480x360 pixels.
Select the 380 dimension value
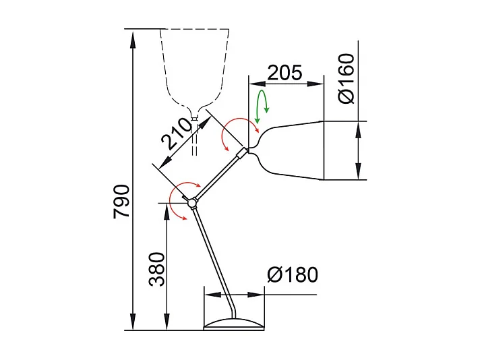click(x=156, y=269)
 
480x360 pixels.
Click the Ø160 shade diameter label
click(x=345, y=79)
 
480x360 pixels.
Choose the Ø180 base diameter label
click(x=292, y=275)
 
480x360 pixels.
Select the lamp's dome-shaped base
click(x=234, y=324)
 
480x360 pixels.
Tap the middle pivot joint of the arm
click(x=192, y=202)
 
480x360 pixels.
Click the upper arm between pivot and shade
click(x=216, y=177)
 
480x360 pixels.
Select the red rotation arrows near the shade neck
click(x=240, y=131)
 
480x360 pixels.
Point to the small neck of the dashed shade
click(x=194, y=119)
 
